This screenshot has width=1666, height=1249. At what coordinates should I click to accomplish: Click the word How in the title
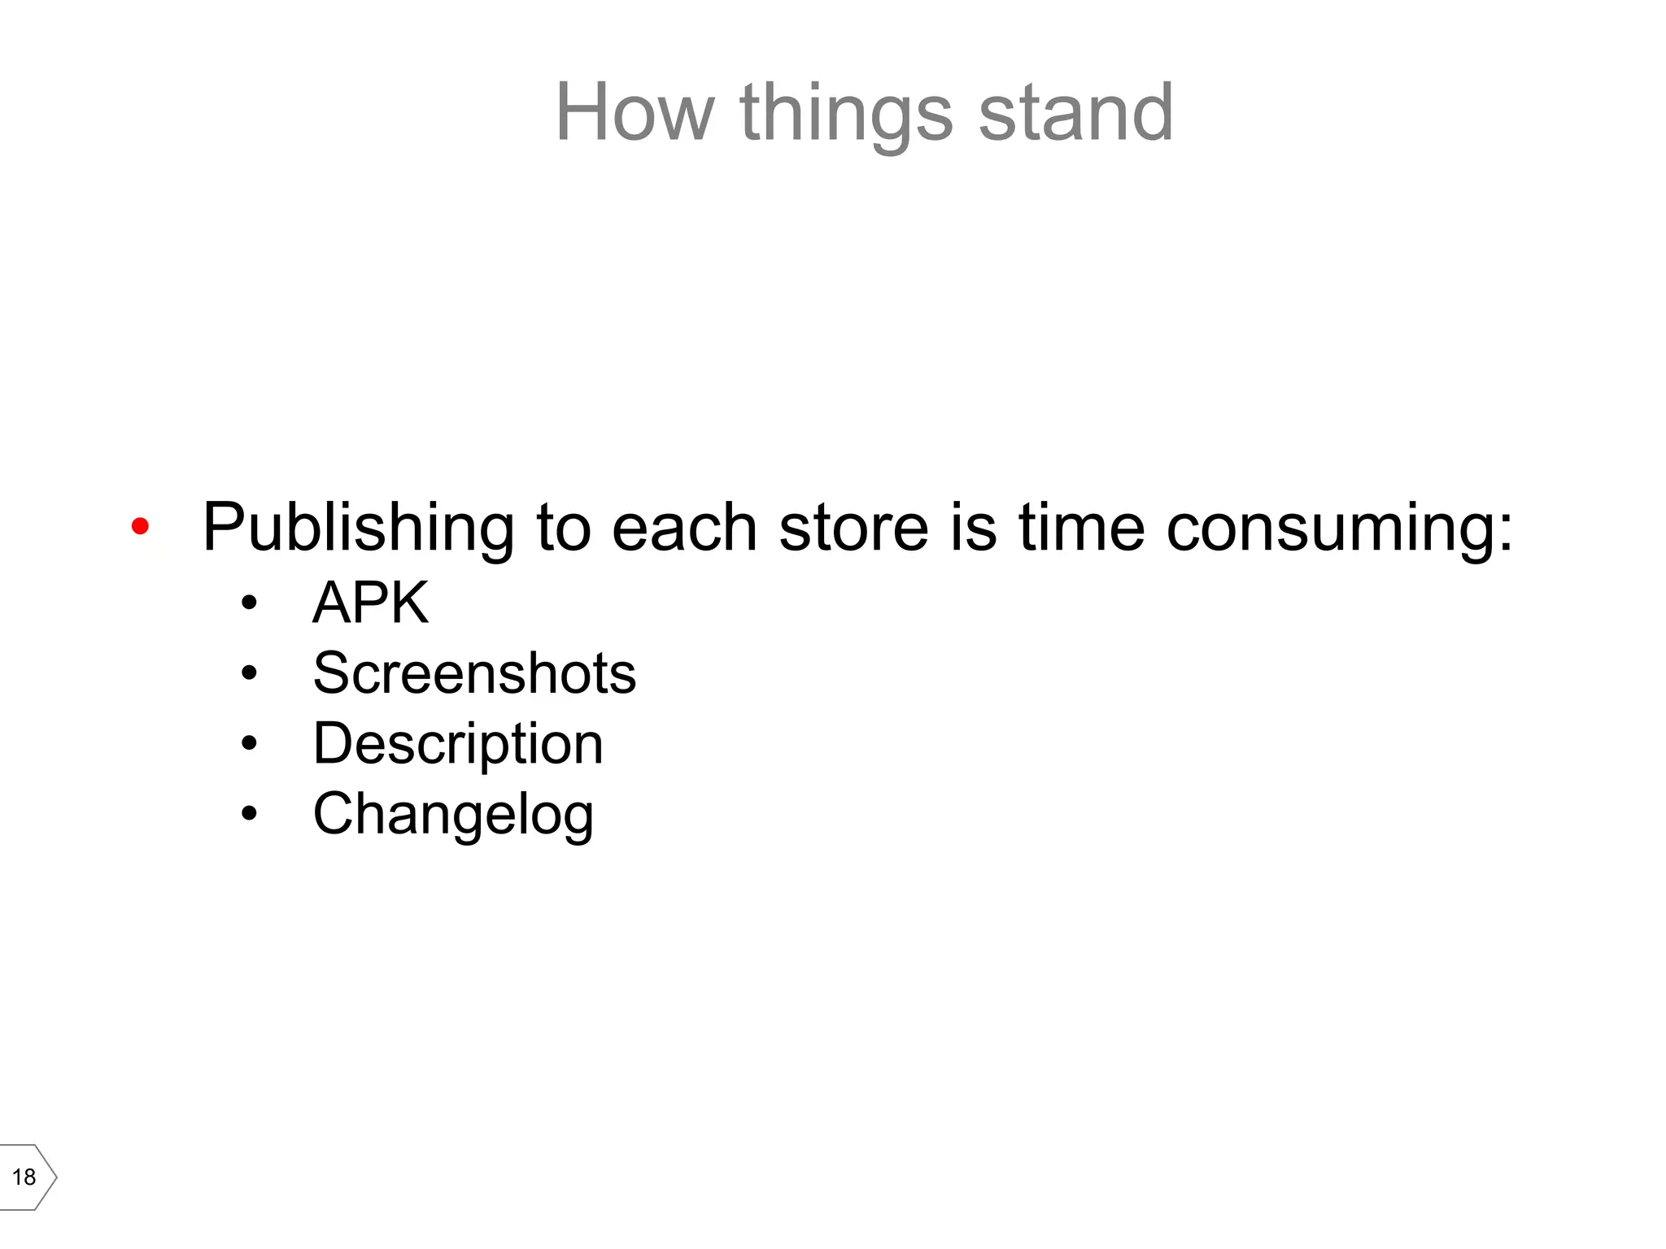[635, 113]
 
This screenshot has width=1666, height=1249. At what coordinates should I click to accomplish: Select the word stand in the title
[1075, 113]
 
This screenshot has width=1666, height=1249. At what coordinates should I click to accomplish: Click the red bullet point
[140, 527]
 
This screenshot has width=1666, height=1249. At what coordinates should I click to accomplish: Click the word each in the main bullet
[684, 527]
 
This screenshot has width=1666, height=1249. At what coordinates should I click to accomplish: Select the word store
[853, 527]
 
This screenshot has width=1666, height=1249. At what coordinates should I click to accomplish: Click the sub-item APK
[371, 603]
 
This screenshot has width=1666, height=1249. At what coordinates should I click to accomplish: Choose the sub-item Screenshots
[474, 673]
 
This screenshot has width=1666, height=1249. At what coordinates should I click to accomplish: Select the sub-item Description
[458, 744]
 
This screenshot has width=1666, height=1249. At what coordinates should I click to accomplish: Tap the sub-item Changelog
[453, 815]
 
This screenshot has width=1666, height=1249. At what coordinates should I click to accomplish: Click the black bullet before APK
[249, 603]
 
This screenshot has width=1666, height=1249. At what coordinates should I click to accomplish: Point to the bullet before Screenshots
[249, 673]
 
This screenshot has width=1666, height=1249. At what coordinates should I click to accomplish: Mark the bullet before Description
[249, 743]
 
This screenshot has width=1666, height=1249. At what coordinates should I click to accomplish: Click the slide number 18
[24, 1177]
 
